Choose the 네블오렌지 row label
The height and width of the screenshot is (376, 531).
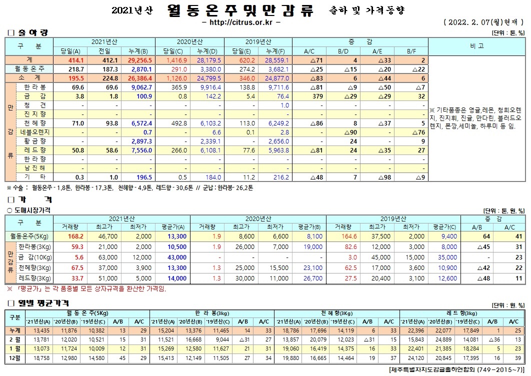coord(36,132)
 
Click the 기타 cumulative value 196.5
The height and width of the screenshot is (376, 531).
coord(142,177)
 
